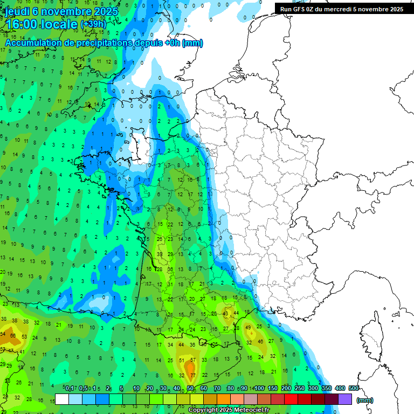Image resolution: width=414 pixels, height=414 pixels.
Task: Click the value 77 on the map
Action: click(192, 375)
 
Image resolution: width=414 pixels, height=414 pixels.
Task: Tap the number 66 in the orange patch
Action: click(12, 336)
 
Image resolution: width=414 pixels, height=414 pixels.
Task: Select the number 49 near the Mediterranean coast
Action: click(249, 327)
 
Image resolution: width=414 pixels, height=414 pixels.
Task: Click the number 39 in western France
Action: click(160, 254)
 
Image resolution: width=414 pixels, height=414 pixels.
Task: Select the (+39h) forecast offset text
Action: click(93, 24)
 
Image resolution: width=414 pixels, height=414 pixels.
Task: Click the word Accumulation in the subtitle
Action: click(36, 43)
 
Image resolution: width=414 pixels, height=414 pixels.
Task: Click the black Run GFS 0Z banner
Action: click(341, 9)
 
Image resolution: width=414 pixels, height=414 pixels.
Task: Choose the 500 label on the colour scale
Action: click(354, 388)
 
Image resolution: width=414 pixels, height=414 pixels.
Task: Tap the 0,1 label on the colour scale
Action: click(69, 388)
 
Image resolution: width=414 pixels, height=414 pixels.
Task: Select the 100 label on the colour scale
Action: click(259, 388)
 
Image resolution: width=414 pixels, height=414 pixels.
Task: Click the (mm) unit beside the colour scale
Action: click(365, 400)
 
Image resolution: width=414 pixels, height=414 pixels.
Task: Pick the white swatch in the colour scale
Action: click(62, 399)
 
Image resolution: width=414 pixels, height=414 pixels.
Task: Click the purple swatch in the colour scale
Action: click(345, 399)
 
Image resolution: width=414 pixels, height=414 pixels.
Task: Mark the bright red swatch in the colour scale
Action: click(291, 399)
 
